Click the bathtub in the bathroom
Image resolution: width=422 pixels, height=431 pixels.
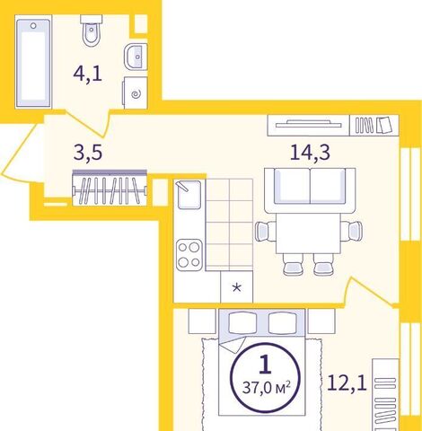(33, 63)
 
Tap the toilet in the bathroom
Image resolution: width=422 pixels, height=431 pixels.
(92, 31)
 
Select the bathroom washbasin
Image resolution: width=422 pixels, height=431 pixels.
(136, 57)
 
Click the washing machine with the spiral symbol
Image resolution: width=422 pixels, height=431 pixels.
(135, 92)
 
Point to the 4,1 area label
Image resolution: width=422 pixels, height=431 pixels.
(88, 75)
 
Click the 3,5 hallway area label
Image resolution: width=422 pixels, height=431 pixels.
(88, 153)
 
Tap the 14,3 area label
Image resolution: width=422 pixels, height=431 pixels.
(310, 153)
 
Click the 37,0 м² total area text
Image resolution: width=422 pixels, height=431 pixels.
(267, 388)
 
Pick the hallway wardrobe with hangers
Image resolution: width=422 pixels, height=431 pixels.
(110, 188)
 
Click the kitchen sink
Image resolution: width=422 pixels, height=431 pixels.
(189, 195)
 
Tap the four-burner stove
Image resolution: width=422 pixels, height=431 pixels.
(189, 255)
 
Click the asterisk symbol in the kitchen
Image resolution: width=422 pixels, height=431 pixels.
(237, 288)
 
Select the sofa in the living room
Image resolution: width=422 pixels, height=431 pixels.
(310, 190)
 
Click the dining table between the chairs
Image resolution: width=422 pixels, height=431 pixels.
(309, 233)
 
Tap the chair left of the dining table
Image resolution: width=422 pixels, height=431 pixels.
(266, 232)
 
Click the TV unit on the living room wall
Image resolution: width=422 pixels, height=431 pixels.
(309, 125)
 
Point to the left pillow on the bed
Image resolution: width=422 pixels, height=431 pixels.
(242, 323)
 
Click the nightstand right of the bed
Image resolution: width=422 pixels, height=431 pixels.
(321, 321)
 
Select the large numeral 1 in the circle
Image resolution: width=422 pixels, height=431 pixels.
(265, 365)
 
